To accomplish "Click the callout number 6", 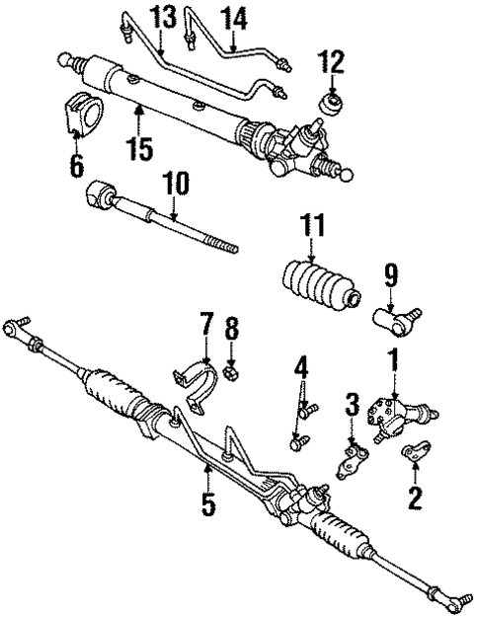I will point(76,163).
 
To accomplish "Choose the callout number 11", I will point(313,228).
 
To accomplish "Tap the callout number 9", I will point(390,273).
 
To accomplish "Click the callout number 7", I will point(205,324).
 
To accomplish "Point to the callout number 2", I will point(416,494).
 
